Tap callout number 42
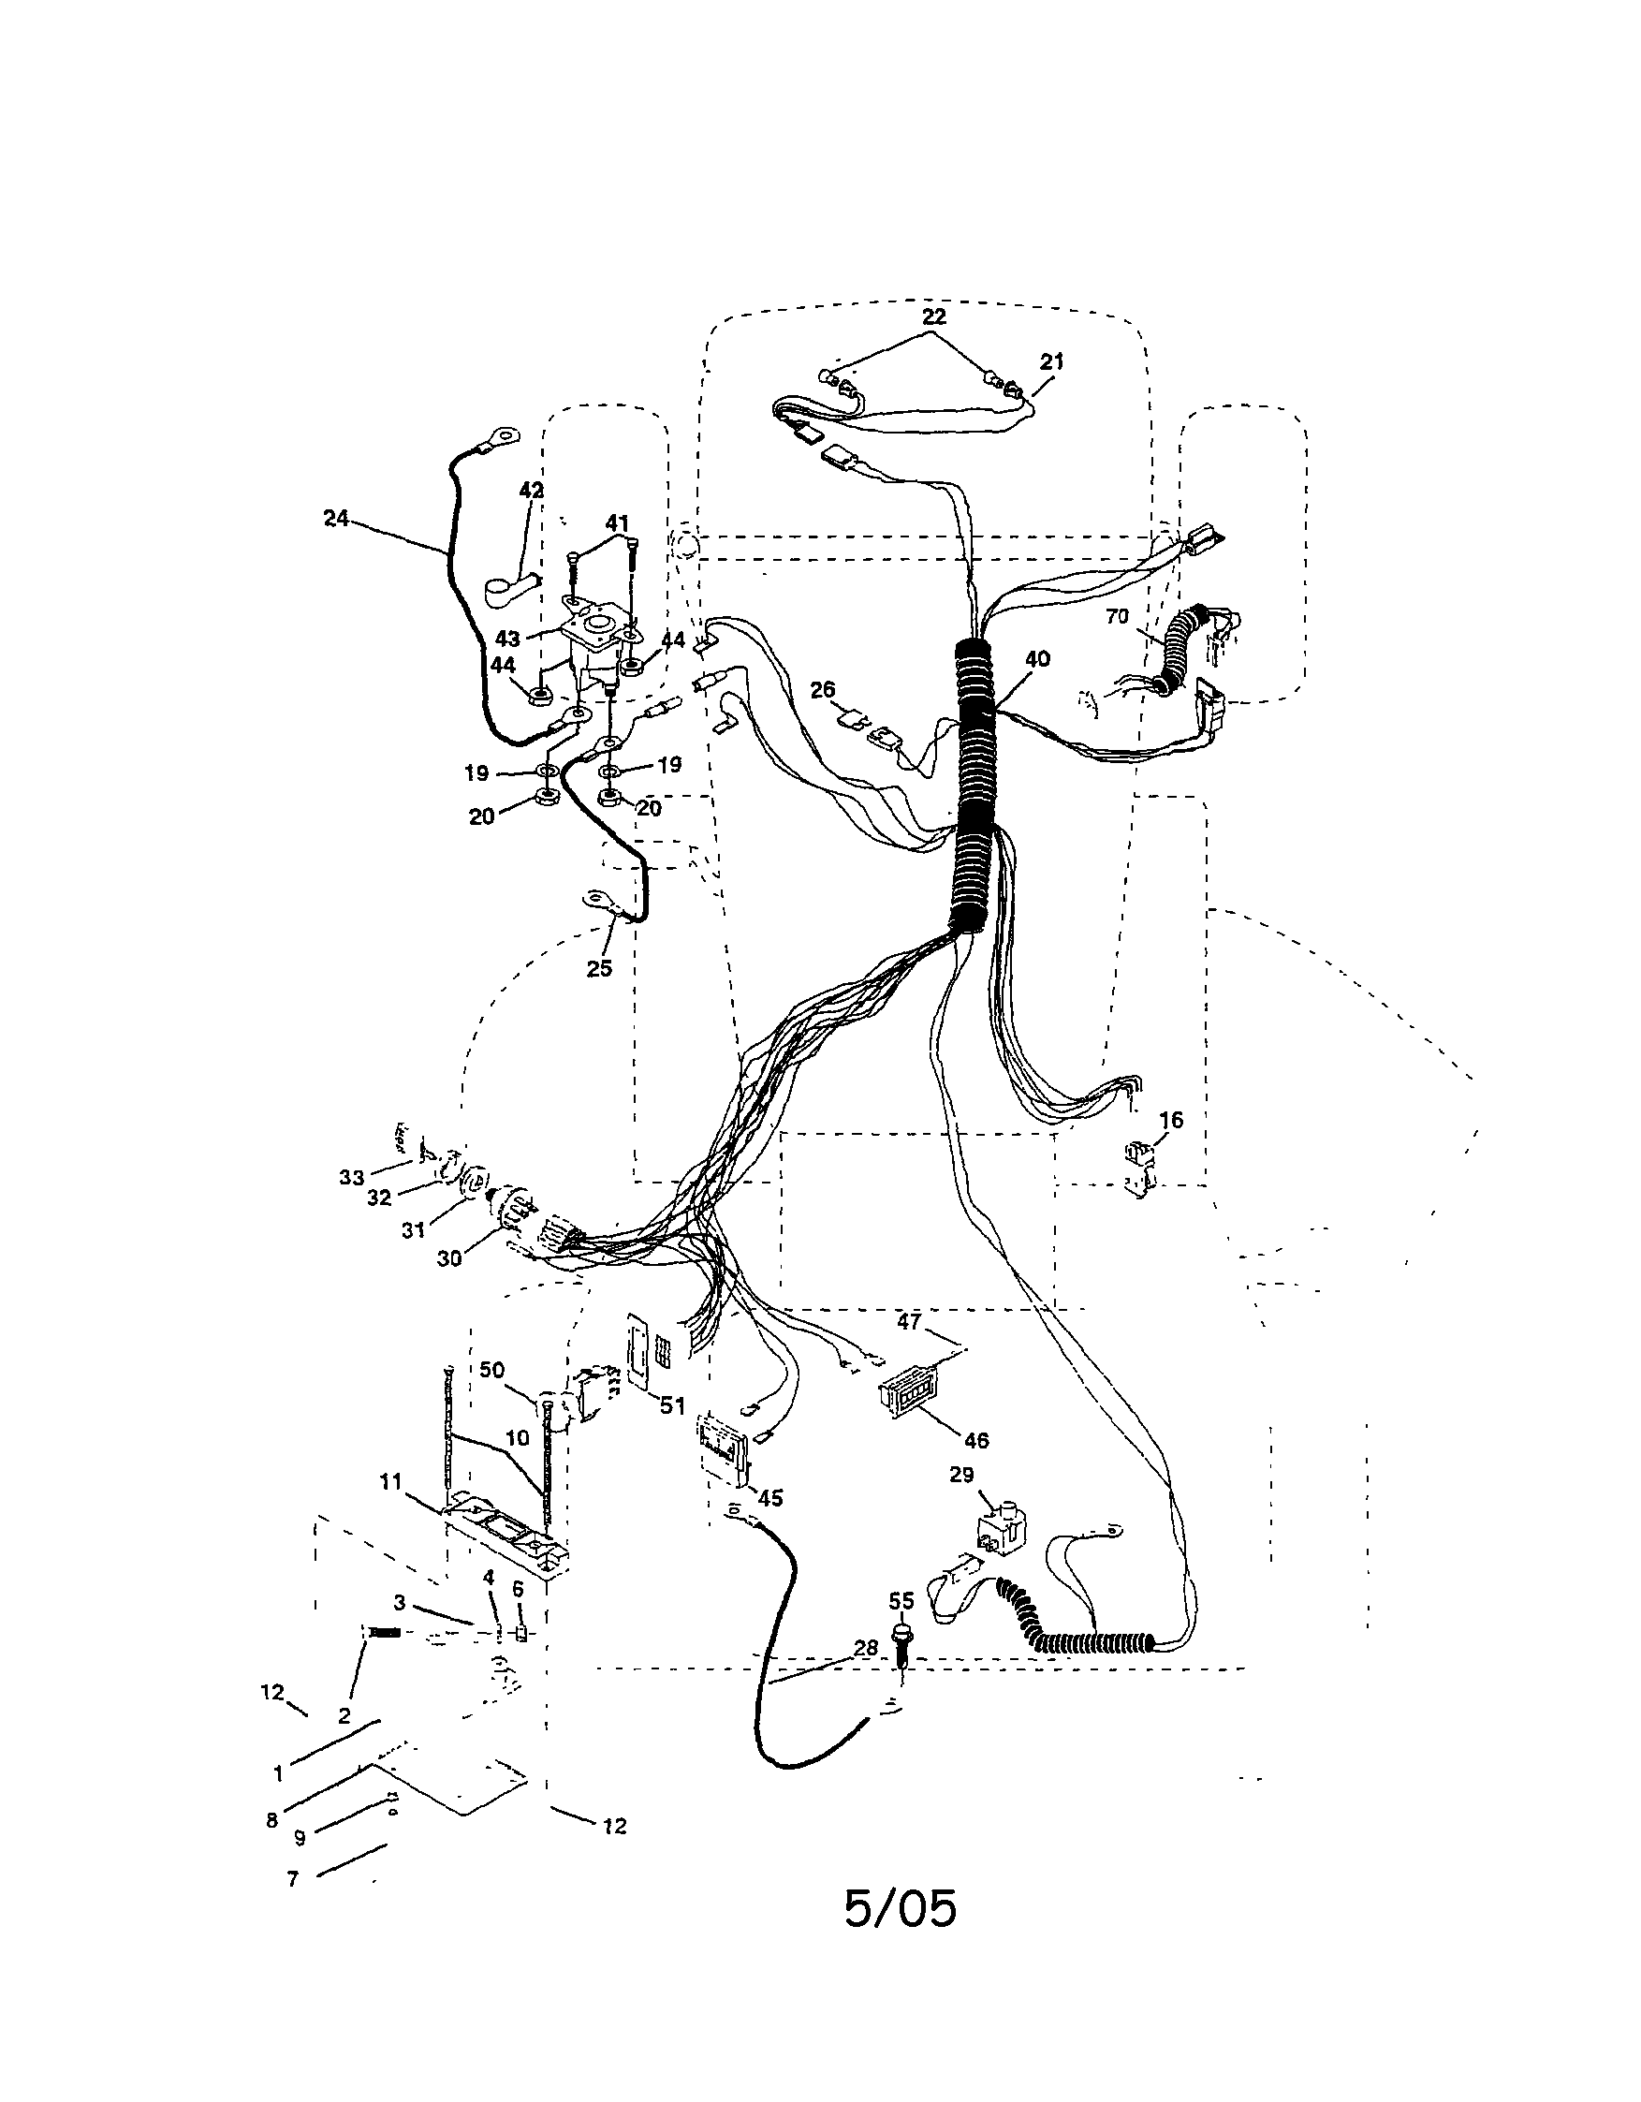coord(531,490)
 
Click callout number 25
coord(599,968)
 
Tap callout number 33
coord(351,1178)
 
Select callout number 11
coord(389,1482)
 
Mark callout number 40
coord(1037,659)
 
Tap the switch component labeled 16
coord(1140,1168)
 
